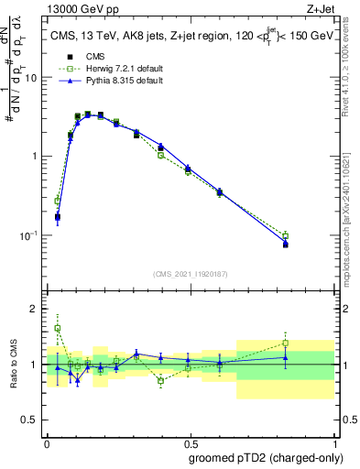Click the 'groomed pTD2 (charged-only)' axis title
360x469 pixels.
click(265, 456)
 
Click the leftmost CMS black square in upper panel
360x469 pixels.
click(57, 217)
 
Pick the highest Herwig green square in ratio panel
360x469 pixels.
click(57, 328)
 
